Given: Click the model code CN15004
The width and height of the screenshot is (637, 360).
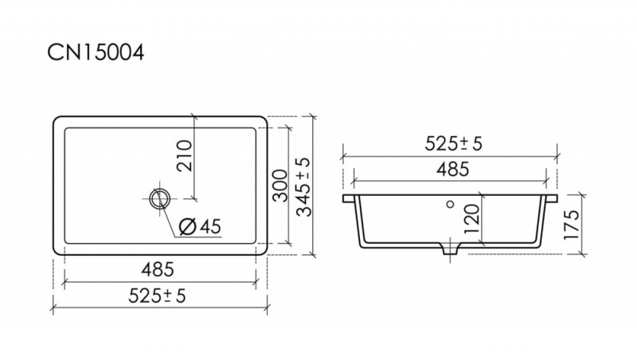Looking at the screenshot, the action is coord(96,53).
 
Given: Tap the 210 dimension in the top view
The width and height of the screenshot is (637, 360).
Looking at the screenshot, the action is coord(184,155).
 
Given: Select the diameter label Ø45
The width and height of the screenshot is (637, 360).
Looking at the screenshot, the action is coord(200,226).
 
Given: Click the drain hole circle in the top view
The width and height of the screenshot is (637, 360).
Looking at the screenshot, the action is coord(159,198).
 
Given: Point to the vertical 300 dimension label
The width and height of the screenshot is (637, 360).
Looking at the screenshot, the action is coord(280,186).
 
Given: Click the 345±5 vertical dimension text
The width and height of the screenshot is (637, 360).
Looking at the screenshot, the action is coord(303,187).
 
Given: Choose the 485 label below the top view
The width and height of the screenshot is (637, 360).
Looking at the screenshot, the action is coord(158,269).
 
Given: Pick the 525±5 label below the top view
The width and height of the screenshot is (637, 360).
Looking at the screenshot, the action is coord(157,295).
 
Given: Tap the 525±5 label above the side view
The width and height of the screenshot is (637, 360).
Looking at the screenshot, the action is coord(453,143).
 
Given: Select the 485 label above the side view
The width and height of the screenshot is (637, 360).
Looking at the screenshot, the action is coord(453,169).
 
